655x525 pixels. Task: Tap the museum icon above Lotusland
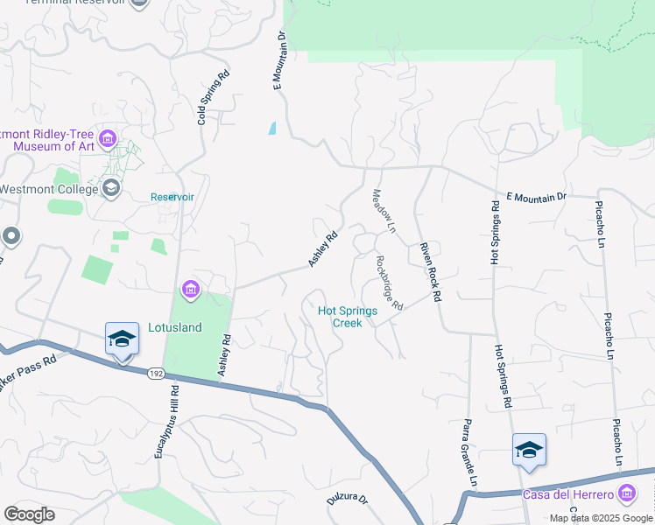coord(190,289)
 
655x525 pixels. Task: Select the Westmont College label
coord(49,189)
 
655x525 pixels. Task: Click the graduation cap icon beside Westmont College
coord(111,187)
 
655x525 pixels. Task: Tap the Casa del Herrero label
coord(567,495)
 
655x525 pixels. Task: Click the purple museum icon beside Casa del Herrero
coord(626,494)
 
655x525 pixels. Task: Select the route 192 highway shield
coord(155,374)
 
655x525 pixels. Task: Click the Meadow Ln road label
coord(384,211)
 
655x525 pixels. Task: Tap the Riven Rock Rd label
coord(429,271)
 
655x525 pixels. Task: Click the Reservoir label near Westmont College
coord(173,197)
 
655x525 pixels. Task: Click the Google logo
coord(30,514)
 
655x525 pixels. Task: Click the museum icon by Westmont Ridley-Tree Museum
coord(108,139)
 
